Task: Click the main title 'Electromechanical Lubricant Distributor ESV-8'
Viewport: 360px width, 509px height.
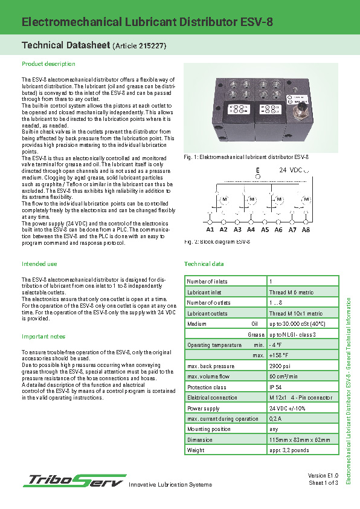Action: click(147, 22)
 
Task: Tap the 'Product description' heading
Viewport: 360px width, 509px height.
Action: click(48, 63)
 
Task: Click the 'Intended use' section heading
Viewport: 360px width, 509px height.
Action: click(39, 264)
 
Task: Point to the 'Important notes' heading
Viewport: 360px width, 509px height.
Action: click(43, 336)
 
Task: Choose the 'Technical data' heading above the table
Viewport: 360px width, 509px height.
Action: click(204, 264)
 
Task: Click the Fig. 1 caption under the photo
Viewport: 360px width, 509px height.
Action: click(246, 157)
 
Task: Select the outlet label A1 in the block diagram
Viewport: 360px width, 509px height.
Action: click(210, 230)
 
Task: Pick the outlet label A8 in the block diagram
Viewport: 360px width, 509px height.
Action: click(306, 230)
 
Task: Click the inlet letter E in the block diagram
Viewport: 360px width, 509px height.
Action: click(258, 170)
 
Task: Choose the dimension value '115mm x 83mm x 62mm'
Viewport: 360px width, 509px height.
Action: click(299, 440)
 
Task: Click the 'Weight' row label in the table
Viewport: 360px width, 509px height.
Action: click(196, 450)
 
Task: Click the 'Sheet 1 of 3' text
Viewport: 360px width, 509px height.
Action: click(323, 482)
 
